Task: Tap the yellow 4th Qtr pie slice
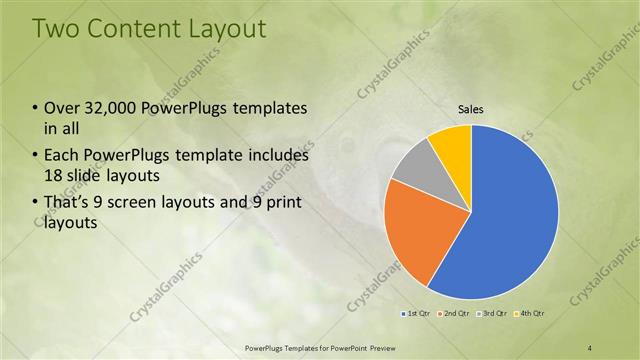[452, 142]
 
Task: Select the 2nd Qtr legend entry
[455, 315]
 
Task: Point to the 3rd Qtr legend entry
[495, 315]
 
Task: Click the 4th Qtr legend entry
[532, 315]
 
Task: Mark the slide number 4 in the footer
[590, 347]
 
